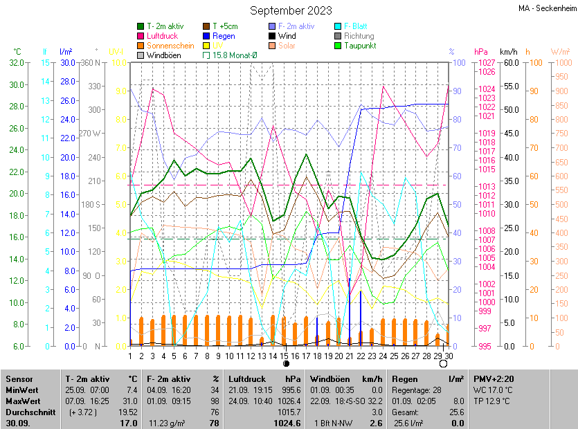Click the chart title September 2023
[291, 10]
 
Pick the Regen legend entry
[223, 36]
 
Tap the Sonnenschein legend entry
[170, 46]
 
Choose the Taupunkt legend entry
[359, 46]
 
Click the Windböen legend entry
[164, 55]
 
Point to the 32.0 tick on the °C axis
[15, 62]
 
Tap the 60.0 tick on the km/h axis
[511, 62]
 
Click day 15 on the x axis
[285, 356]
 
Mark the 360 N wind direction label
[91, 62]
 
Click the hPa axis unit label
[481, 52]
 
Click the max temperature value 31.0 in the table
[129, 400]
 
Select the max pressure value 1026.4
[289, 400]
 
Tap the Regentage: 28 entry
[416, 390]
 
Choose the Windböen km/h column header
[346, 379]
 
